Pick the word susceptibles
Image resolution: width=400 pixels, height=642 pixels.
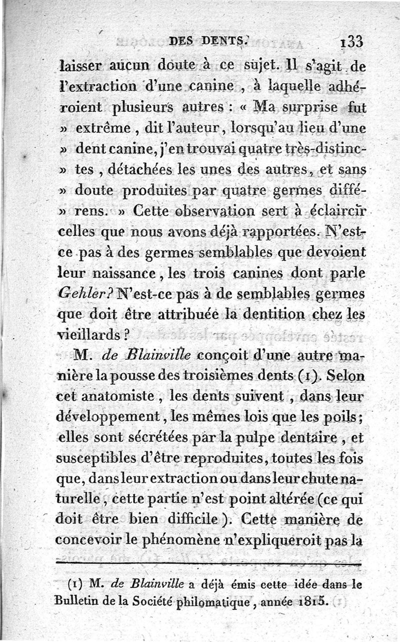92,459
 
